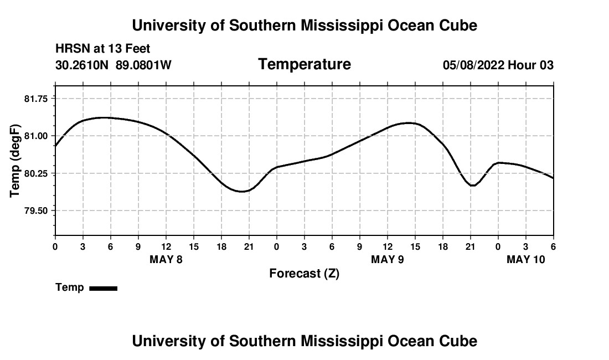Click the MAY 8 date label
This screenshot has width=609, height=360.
point(166,259)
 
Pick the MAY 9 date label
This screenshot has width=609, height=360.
point(387,259)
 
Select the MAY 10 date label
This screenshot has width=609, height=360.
point(526,259)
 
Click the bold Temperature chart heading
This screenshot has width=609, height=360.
point(304,64)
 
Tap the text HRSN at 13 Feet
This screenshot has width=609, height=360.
point(102,49)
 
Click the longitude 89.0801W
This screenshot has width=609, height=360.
point(143,65)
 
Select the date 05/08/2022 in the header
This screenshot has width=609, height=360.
point(473,65)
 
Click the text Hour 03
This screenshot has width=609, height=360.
point(531,65)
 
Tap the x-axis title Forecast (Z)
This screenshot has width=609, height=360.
point(304,274)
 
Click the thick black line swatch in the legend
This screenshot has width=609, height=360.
point(103,288)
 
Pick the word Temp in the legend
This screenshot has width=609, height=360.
point(70,287)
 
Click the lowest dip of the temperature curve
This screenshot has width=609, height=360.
point(241,192)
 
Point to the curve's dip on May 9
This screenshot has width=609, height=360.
point(472,186)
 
